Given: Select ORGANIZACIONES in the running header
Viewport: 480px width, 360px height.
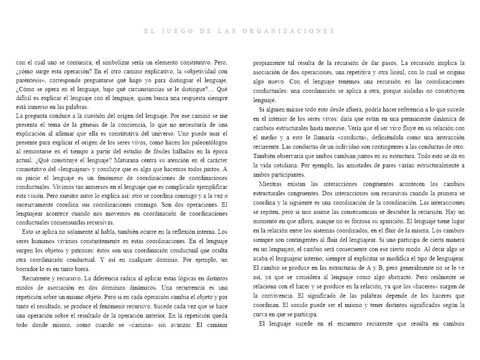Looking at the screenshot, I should tap(290, 31).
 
